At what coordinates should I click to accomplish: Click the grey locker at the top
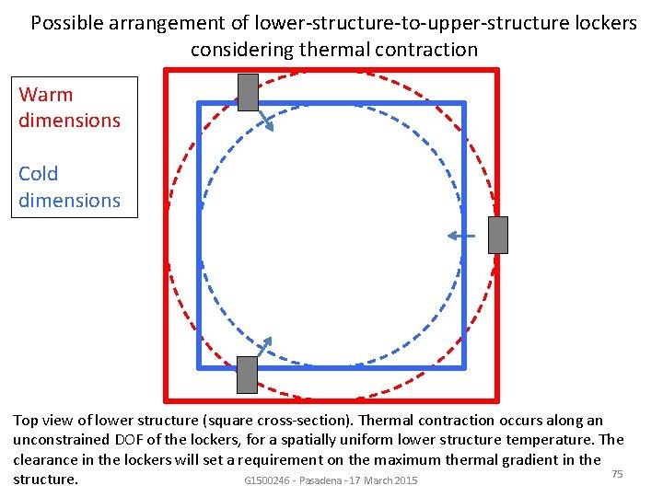[248, 92]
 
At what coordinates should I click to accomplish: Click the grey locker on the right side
[497, 235]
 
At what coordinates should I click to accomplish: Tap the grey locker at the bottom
[247, 375]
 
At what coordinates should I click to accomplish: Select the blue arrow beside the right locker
[460, 237]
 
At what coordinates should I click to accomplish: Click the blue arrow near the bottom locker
[263, 345]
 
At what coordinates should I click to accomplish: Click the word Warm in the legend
[45, 95]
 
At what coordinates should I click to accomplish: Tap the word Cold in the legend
[39, 174]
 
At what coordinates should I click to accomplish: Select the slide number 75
[618, 473]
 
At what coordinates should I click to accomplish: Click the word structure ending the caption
[45, 480]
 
